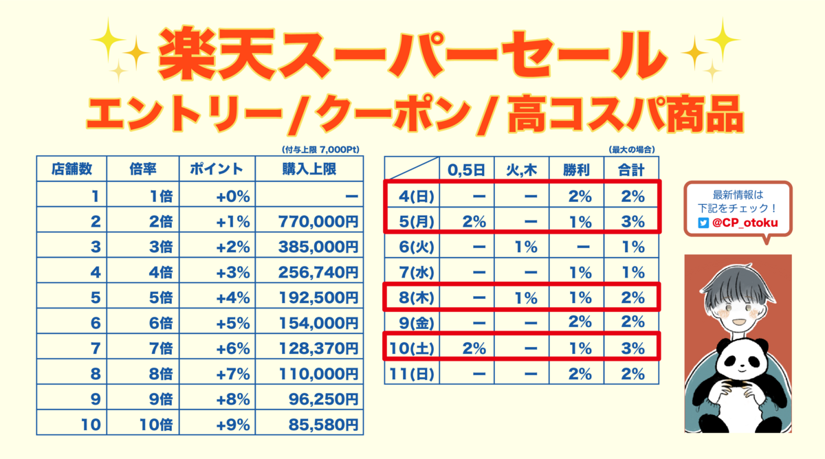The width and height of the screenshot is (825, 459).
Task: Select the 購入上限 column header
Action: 309,169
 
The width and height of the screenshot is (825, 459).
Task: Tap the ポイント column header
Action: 217,169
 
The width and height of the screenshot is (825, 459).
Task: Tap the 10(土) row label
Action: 412,348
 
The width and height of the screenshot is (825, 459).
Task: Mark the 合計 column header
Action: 632,169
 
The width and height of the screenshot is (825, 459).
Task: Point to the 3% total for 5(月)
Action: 632,221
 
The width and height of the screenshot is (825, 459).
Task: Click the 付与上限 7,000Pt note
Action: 321,149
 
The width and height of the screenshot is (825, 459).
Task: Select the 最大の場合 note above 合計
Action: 631,149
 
